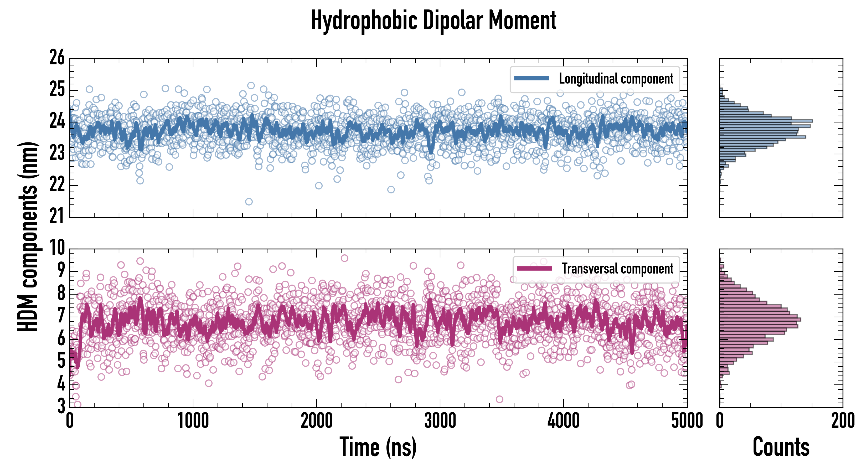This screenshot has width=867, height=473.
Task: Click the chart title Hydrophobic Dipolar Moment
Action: coord(434,20)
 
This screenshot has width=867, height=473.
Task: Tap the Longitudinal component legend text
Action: coord(616,79)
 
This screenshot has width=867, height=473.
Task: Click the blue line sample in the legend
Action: coord(531,79)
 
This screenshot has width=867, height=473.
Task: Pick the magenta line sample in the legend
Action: coord(534,268)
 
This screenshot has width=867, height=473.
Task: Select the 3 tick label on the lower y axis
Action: coord(61,406)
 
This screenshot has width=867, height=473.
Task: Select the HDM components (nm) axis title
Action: coord(28,236)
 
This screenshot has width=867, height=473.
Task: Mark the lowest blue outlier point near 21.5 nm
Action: coord(249,202)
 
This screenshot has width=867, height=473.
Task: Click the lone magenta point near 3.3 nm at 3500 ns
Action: coord(499,399)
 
